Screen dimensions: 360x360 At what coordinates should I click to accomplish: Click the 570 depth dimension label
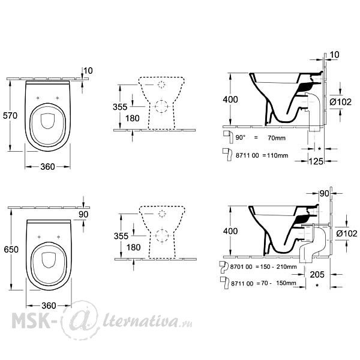[10, 115]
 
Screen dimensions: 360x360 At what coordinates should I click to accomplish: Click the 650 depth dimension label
[11, 250]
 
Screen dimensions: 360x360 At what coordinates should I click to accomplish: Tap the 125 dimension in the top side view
[316, 161]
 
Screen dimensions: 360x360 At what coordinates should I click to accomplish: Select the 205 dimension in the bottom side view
[317, 275]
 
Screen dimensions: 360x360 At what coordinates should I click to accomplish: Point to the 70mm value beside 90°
[277, 138]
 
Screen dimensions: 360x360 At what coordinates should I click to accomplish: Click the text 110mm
[278, 155]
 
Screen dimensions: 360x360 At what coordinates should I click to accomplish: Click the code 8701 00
[241, 267]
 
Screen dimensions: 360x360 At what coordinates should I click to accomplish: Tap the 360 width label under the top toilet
[47, 167]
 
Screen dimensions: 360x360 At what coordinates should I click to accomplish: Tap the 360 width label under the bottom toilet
[49, 305]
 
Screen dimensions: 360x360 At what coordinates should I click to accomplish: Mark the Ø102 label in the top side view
[340, 102]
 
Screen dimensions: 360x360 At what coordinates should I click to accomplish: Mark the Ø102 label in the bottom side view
[347, 234]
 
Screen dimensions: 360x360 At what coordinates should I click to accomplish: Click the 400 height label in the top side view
[230, 100]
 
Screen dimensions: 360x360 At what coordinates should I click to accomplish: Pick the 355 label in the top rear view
[120, 107]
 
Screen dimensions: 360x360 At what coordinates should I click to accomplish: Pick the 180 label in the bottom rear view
[133, 247]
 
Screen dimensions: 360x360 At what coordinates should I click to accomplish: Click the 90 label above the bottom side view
[324, 194]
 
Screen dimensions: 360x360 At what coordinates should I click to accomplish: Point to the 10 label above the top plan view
[88, 71]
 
